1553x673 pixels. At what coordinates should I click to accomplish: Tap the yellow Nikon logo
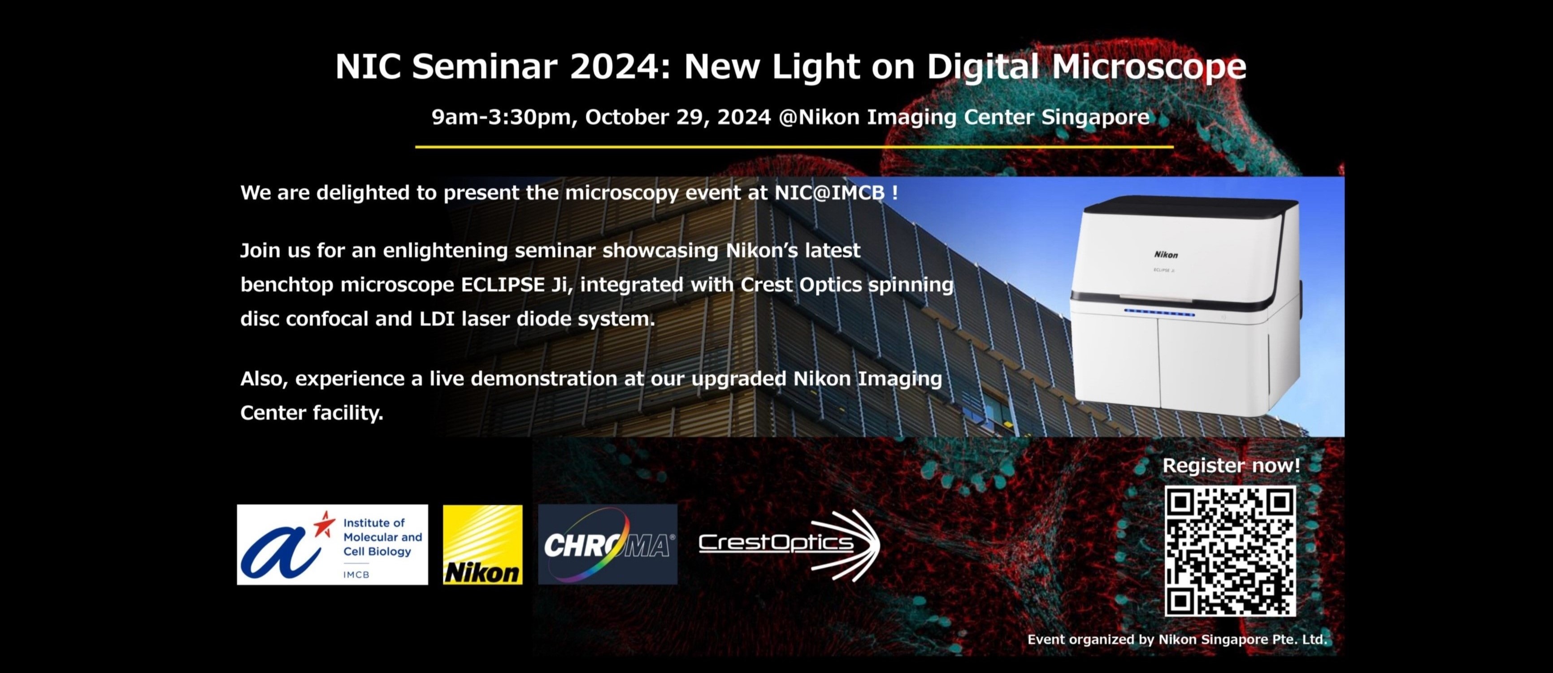tap(482, 545)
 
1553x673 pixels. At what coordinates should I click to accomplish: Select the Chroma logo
tap(607, 545)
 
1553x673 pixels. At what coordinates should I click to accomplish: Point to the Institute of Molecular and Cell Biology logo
tap(332, 545)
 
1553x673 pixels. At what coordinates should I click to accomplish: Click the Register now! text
tap(1231, 465)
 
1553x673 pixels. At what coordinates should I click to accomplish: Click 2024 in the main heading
tap(620, 66)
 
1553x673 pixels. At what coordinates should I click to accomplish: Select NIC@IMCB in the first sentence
tap(829, 193)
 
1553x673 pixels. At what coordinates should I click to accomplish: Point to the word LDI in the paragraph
tap(437, 319)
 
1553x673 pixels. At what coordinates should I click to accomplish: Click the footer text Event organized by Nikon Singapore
tap(1177, 640)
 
